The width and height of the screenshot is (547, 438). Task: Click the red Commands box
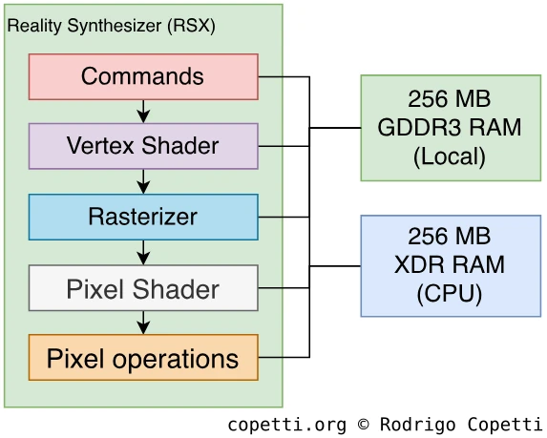click(143, 76)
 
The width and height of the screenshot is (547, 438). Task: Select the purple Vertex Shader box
click(143, 146)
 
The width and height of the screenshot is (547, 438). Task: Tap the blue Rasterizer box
click(143, 217)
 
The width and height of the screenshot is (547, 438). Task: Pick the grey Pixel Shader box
click(143, 287)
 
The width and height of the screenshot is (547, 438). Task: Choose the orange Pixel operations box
click(143, 358)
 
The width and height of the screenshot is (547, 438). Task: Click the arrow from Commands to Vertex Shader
click(143, 112)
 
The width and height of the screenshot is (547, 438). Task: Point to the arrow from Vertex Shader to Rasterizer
click(143, 181)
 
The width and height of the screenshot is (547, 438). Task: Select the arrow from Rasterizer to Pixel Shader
click(143, 253)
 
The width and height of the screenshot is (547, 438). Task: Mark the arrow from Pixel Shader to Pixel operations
click(143, 323)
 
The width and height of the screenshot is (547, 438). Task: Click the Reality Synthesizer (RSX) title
click(112, 26)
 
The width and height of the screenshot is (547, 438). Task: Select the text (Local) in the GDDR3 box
click(450, 156)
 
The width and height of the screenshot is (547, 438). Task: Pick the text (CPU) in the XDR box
click(450, 294)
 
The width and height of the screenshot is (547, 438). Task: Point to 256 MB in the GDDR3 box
click(450, 98)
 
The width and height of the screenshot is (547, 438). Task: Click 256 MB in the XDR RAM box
click(450, 236)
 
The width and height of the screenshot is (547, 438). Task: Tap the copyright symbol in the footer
click(363, 425)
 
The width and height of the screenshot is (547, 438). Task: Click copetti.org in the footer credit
click(287, 425)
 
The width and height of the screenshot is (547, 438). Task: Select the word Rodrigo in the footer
click(417, 425)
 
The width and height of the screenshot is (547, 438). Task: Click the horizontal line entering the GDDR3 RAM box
click(335, 128)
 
